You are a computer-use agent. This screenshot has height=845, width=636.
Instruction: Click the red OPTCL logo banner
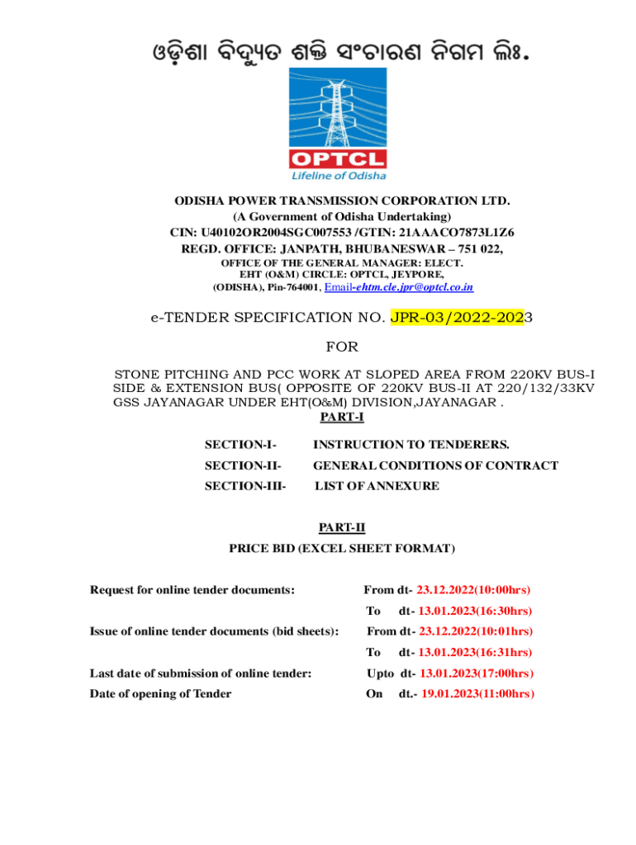[337, 158]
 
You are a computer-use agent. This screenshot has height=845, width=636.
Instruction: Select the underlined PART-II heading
[341, 527]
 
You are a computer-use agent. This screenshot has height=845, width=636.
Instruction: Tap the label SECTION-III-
[245, 486]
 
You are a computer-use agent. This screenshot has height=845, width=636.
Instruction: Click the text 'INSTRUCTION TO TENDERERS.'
[411, 445]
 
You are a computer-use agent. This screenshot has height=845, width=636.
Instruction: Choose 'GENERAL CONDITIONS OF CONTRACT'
[435, 465]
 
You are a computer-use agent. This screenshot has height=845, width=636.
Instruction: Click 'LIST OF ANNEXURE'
[377, 486]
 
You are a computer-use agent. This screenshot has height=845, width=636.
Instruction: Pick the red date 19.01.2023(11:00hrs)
[477, 694]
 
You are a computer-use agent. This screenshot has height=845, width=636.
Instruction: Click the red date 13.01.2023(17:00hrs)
[476, 673]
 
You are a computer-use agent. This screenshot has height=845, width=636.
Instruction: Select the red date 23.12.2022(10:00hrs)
[473, 590]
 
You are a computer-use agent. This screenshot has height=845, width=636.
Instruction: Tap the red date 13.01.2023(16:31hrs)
[475, 653]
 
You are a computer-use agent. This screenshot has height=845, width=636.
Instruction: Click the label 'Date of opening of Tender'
[160, 694]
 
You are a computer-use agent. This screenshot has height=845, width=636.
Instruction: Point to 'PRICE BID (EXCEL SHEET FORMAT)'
[341, 548]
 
